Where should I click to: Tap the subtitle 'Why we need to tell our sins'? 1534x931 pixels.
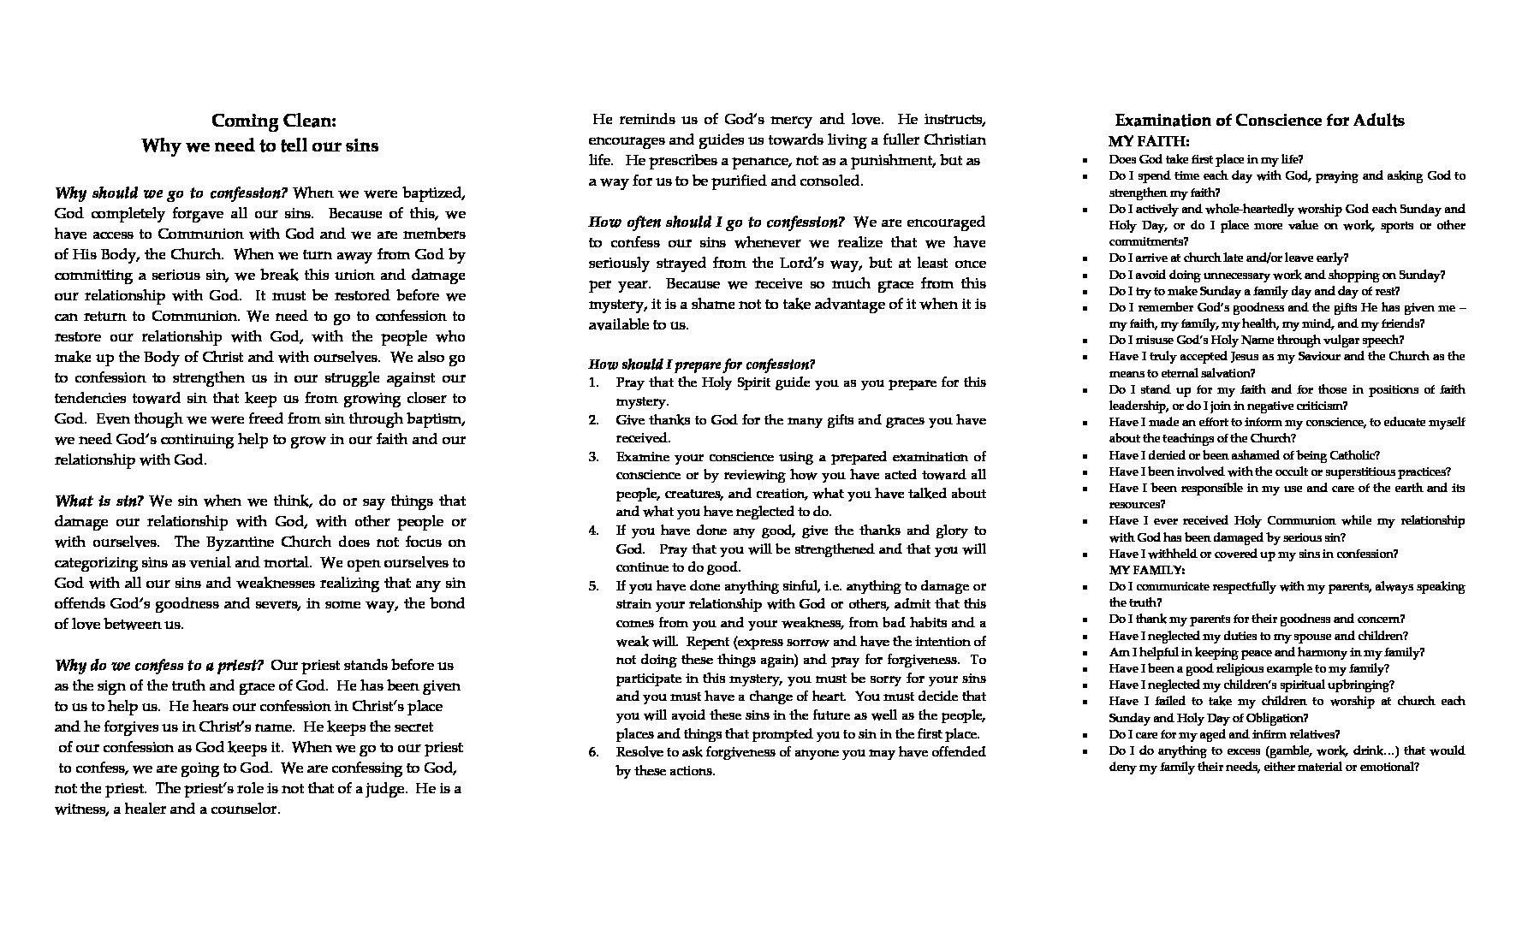[259, 145]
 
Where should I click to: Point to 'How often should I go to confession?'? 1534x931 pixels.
[716, 222]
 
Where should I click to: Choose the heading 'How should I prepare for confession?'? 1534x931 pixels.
[702, 364]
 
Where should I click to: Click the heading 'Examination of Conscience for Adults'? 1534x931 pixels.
[1259, 121]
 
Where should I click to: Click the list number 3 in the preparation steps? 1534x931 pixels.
[594, 457]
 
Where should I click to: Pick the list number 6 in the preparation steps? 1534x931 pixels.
[594, 752]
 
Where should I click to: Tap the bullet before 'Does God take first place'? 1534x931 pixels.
[1085, 160]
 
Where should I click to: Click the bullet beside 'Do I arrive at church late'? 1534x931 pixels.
[1085, 258]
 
